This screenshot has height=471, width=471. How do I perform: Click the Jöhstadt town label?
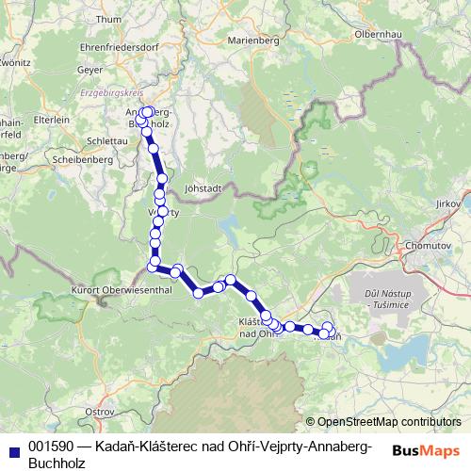click(204, 187)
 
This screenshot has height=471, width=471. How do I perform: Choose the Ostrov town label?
click(99, 412)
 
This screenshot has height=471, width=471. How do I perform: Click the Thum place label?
click(109, 19)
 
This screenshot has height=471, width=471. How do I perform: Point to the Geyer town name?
click(90, 69)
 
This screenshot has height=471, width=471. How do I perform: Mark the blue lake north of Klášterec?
click(230, 224)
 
